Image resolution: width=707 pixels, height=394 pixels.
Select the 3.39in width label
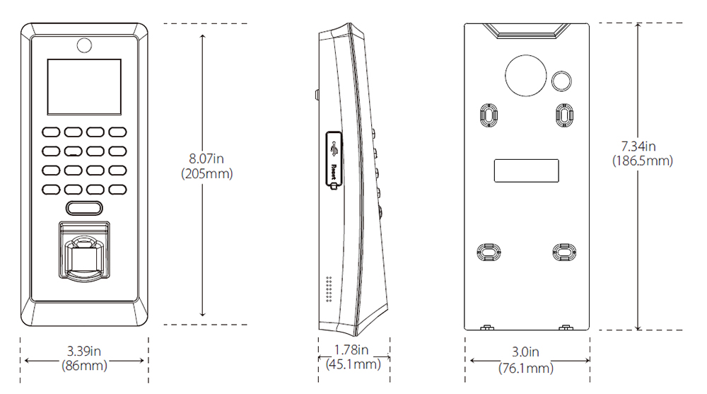pos(84,351)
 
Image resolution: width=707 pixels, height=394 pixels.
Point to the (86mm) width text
pos(84,366)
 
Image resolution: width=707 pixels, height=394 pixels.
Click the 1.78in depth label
pos(352,349)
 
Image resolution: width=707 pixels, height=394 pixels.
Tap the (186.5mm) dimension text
pos(641,161)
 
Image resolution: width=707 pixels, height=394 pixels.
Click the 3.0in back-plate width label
pos(525,352)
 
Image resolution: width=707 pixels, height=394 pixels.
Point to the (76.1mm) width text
pos(527,368)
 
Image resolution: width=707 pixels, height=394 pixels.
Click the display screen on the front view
pos(83,86)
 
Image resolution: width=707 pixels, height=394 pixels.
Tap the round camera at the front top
pos(83,45)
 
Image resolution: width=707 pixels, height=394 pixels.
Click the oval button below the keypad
pos(84,208)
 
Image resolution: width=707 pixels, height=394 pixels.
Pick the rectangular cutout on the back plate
pos(526,170)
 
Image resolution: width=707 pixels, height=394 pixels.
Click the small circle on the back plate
pos(561,80)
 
